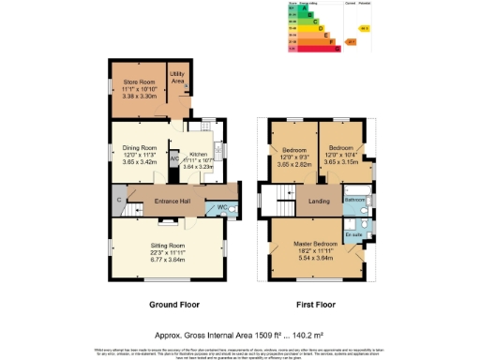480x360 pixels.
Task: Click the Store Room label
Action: point(139,83)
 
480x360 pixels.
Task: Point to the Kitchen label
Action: point(198,155)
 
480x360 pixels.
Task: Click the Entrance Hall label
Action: point(172,200)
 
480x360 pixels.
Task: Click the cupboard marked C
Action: point(119,200)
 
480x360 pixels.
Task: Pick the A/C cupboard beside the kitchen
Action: point(174,157)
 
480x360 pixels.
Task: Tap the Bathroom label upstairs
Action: point(354,201)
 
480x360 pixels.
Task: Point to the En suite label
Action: point(353,234)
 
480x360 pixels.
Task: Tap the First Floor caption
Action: point(317,305)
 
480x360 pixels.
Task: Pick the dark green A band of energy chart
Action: point(299,7)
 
